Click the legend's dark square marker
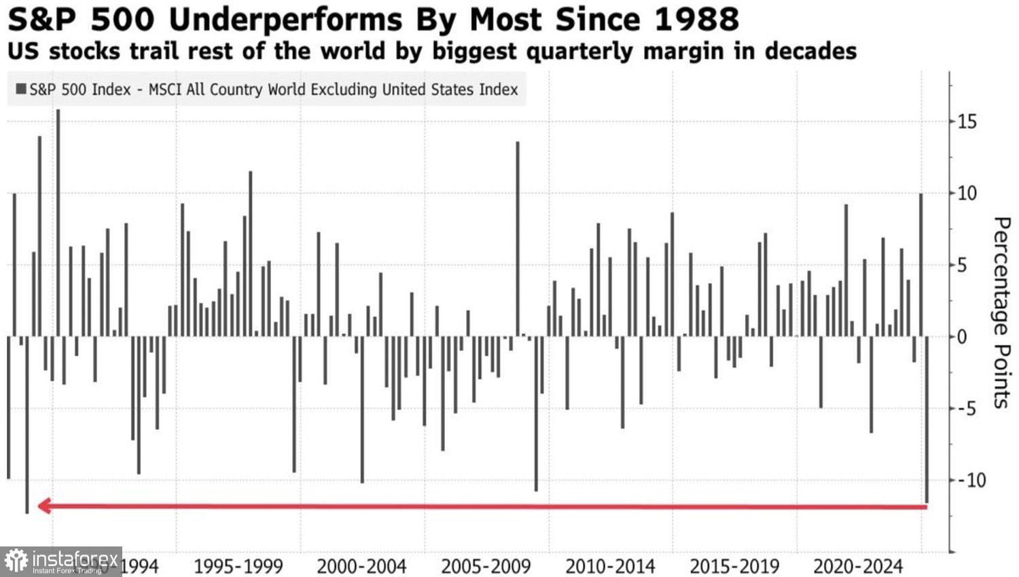pyautogui.click(x=21, y=89)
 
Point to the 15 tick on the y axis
pyautogui.click(x=967, y=122)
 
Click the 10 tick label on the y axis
pyautogui.click(x=967, y=193)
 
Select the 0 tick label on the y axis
pyautogui.click(x=962, y=337)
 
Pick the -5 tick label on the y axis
pyautogui.click(x=965, y=409)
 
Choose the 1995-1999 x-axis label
pyautogui.click(x=238, y=566)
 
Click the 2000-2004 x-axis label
pyautogui.click(x=361, y=566)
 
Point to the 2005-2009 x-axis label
pyautogui.click(x=486, y=566)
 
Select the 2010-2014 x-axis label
pyautogui.click(x=610, y=566)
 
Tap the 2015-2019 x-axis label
pyautogui.click(x=734, y=566)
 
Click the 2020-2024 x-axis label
pyautogui.click(x=858, y=566)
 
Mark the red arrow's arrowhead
pyautogui.click(x=44, y=506)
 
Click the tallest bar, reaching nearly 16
pyautogui.click(x=58, y=224)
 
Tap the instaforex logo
pyautogui.click(x=61, y=561)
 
